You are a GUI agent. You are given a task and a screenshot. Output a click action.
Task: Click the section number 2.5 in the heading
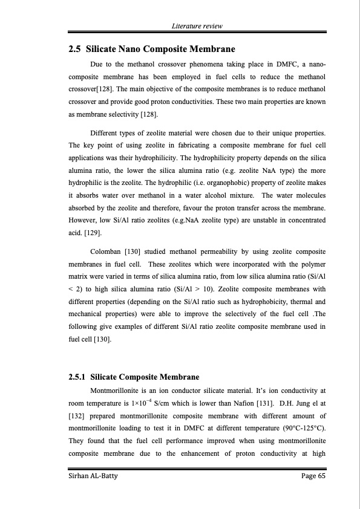(76, 48)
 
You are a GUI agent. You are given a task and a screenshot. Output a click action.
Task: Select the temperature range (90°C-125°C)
(297, 429)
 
